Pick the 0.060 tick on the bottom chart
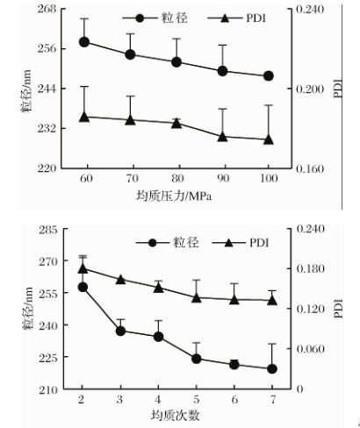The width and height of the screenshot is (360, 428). pos(313,349)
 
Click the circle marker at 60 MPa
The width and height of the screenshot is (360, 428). pos(85,42)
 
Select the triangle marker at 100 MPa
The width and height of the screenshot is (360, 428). pos(268,139)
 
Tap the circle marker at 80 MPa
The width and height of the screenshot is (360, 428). pos(176,62)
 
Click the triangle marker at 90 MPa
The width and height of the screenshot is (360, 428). pos(222,136)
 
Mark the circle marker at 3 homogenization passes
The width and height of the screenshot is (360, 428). pos(120,331)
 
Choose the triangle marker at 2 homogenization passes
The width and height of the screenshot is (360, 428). pos(83,269)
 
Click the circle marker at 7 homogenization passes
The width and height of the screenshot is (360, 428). pos(272,368)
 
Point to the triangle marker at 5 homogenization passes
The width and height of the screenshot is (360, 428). pos(196,297)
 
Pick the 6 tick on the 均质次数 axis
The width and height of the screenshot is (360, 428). pos(234,399)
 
